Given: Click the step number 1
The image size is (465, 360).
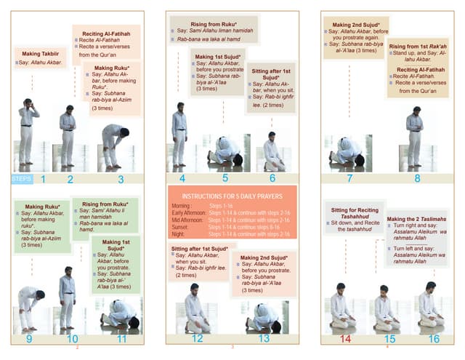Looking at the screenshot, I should point(44,178).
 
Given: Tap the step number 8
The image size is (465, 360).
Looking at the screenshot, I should point(417,178).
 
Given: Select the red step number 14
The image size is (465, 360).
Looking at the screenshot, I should point(345,338).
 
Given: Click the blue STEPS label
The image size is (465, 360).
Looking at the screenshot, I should point(22,178).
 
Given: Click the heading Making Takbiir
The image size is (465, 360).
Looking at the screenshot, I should point(42,53).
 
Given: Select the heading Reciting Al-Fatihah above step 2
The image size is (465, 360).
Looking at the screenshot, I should point(108,33).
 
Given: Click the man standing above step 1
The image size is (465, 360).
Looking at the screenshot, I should point(28,131).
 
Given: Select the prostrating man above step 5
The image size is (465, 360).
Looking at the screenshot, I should point(225,151).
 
